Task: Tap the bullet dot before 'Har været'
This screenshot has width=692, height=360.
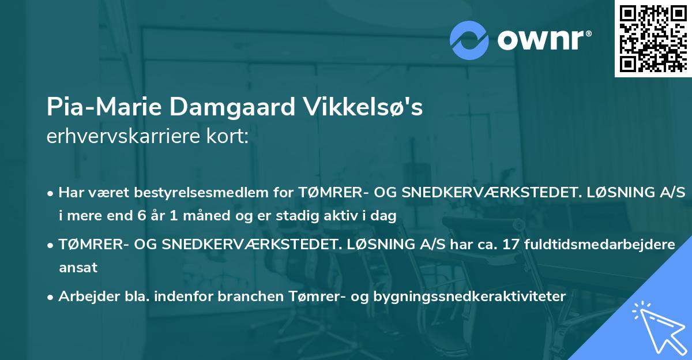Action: tap(51, 193)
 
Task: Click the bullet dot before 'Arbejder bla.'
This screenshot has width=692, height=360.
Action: tap(51, 297)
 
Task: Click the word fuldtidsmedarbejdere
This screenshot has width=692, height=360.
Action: tap(598, 244)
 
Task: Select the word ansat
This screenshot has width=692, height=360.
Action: tap(77, 267)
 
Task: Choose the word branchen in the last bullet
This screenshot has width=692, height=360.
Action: tap(245, 296)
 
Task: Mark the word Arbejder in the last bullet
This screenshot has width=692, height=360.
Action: tap(83, 296)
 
